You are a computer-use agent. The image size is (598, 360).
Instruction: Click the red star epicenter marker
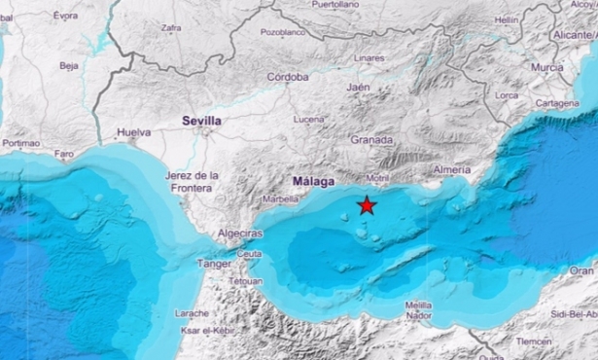pos(367,204)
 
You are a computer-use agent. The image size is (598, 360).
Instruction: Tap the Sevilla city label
pos(201,121)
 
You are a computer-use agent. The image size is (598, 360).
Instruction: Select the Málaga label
pos(313,182)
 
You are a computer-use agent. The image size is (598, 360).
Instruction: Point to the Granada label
pos(371,140)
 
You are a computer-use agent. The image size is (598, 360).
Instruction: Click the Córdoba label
pos(288,77)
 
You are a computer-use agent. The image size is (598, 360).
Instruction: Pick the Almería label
pos(452,169)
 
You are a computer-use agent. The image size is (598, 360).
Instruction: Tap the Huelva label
pos(133,131)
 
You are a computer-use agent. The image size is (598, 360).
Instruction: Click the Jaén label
pos(359,87)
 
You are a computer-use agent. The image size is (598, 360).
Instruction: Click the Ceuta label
pos(250,253)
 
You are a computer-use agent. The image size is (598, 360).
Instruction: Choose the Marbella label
pos(281,199)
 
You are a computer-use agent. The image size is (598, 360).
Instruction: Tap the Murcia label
pos(546,67)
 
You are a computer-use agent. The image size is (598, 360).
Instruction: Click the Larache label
pos(193,312)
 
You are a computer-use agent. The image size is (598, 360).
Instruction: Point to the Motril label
pos(380,178)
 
